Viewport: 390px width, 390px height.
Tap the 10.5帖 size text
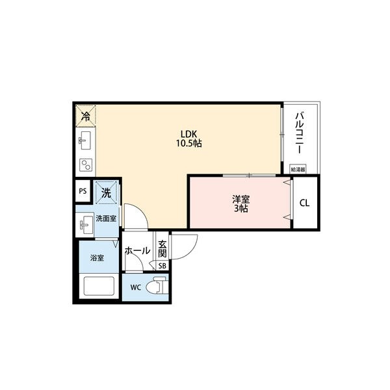click(x=188, y=143)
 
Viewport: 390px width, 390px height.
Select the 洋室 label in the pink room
click(x=240, y=199)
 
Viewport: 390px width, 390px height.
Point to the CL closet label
click(x=304, y=203)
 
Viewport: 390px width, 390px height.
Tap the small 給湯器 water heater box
click(x=297, y=169)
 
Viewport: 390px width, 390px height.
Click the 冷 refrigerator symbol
click(x=86, y=116)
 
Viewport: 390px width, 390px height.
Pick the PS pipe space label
click(x=82, y=192)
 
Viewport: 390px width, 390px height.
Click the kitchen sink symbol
click(x=84, y=140)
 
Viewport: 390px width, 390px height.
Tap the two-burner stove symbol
click(x=84, y=164)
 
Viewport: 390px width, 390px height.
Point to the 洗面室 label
click(x=106, y=219)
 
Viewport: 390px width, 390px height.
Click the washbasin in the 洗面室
click(x=84, y=226)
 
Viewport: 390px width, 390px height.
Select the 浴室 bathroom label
click(x=96, y=258)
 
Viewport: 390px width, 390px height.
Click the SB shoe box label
click(x=162, y=265)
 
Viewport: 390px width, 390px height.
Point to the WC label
click(x=135, y=287)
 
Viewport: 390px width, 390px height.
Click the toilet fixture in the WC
click(x=157, y=286)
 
